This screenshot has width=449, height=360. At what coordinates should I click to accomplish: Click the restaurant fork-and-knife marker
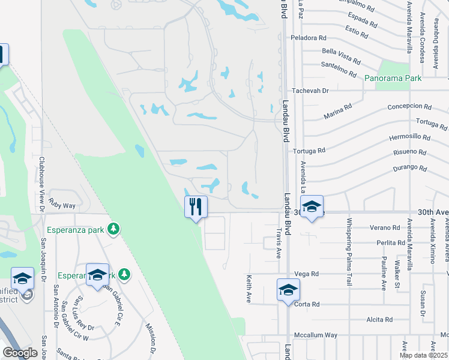click(x=196, y=207)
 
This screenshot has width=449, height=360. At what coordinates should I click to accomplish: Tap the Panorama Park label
click(x=393, y=78)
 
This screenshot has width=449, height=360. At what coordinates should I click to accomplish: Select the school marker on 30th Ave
click(x=312, y=207)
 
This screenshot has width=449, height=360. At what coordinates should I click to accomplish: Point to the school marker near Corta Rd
click(x=288, y=290)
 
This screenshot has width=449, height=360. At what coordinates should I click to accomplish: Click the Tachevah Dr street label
click(x=310, y=91)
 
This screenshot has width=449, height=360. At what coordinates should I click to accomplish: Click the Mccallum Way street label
click(x=315, y=335)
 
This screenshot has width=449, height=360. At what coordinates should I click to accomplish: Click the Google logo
click(x=20, y=353)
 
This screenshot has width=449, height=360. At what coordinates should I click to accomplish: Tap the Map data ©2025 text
click(x=424, y=355)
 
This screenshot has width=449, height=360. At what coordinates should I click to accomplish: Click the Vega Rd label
click(x=306, y=274)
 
